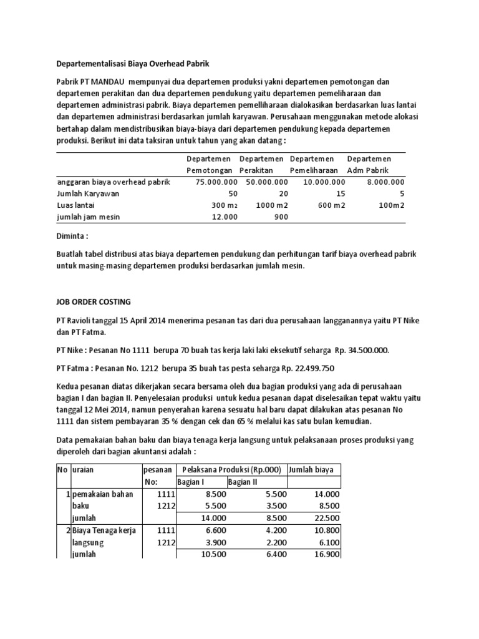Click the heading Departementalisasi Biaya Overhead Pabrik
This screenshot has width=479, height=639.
pyautogui.click(x=133, y=64)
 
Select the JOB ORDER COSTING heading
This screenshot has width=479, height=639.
pyautogui.click(x=94, y=301)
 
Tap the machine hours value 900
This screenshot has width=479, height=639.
pyautogui.click(x=275, y=217)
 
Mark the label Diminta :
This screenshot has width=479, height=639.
pyautogui.click(x=74, y=237)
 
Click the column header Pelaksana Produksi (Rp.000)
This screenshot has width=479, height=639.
pyautogui.click(x=230, y=469)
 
